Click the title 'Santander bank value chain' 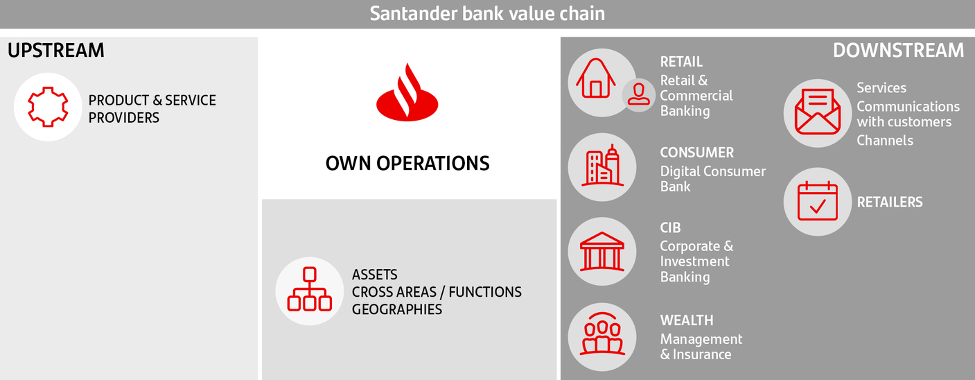tap(487, 13)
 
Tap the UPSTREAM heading tap(55, 51)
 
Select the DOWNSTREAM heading tap(898, 51)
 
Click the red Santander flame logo tap(407, 92)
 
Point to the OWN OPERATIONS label tap(407, 164)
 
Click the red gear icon tap(48, 107)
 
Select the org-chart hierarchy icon tap(310, 289)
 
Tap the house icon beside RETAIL tap(595, 78)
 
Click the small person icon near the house tap(638, 94)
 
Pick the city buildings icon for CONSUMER tap(602, 166)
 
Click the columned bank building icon tap(602, 252)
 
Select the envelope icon tap(818, 112)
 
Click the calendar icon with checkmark tap(818, 201)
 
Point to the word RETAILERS tap(890, 202)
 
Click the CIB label tap(670, 227)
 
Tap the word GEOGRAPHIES tap(397, 309)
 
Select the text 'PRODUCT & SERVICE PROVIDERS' tap(152, 109)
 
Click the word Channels tap(885, 140)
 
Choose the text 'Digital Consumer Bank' tap(712, 179)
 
